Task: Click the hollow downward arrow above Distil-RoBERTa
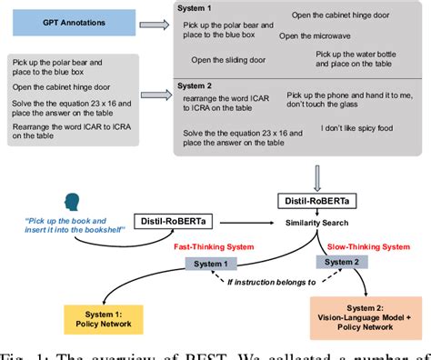[320, 173]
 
